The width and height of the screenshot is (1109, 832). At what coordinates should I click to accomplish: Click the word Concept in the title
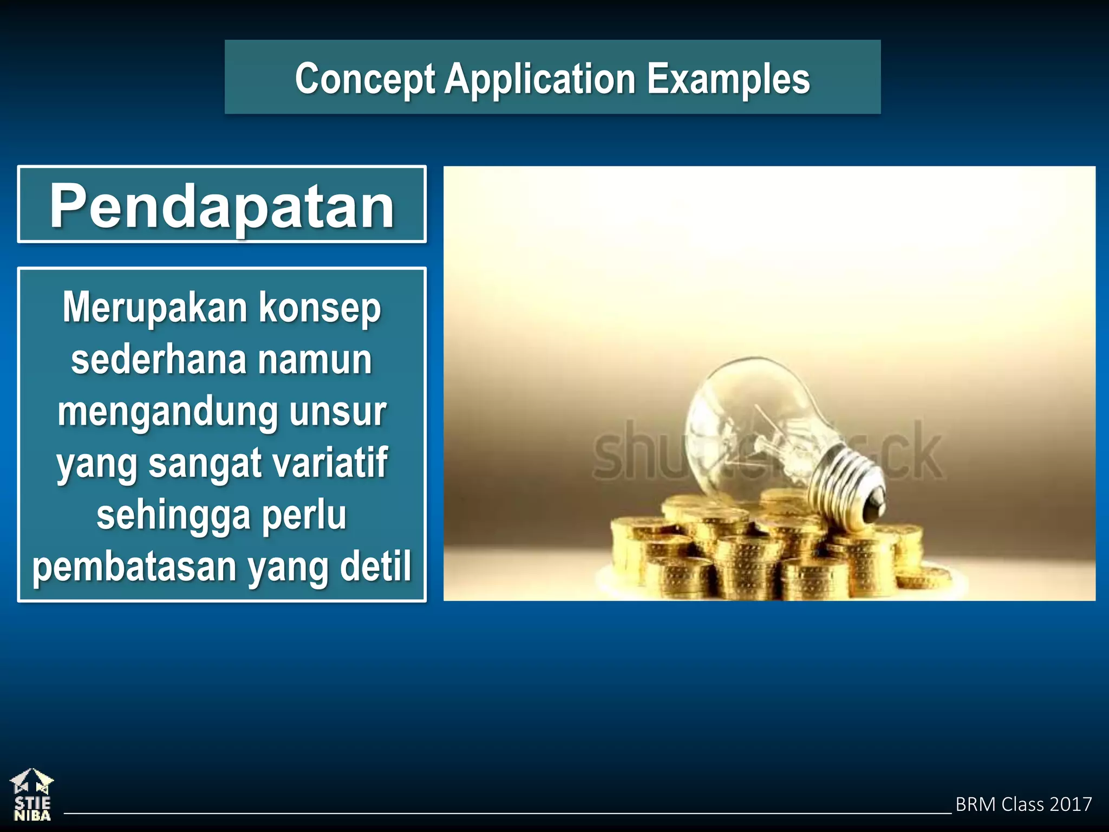[x=364, y=80]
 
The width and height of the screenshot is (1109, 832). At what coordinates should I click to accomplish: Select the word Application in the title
[x=540, y=80]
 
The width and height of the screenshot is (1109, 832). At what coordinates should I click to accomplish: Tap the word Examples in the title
[x=728, y=79]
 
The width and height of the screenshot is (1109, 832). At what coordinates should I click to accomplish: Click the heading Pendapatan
[x=221, y=206]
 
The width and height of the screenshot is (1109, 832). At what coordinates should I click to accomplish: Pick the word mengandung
[x=167, y=413]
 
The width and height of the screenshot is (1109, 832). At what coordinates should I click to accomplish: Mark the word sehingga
[x=173, y=516]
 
